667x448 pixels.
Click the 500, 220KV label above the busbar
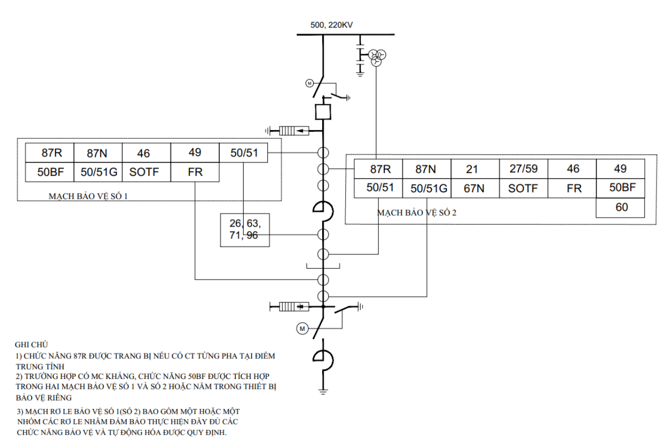(x=332, y=25)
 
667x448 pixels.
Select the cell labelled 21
(x=475, y=169)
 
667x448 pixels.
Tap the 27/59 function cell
(x=524, y=169)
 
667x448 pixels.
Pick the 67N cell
(x=475, y=188)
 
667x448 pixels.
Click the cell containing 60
(x=621, y=208)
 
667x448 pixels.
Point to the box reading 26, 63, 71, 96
(x=245, y=230)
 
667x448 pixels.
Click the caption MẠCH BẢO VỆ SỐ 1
(x=88, y=197)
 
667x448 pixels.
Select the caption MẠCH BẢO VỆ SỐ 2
(x=417, y=213)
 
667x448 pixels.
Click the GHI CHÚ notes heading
(x=31, y=345)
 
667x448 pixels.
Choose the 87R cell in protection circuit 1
(x=50, y=153)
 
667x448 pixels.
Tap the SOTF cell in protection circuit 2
(x=524, y=188)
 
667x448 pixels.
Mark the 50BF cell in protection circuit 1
(x=50, y=172)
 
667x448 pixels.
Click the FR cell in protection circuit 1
(x=195, y=172)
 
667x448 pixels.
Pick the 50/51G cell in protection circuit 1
(x=98, y=172)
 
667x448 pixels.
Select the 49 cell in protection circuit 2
(x=621, y=169)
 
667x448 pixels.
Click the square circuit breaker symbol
(x=323, y=112)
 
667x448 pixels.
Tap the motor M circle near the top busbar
(x=310, y=83)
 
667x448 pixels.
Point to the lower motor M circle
(x=302, y=329)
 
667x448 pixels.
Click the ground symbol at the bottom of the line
(x=323, y=392)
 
